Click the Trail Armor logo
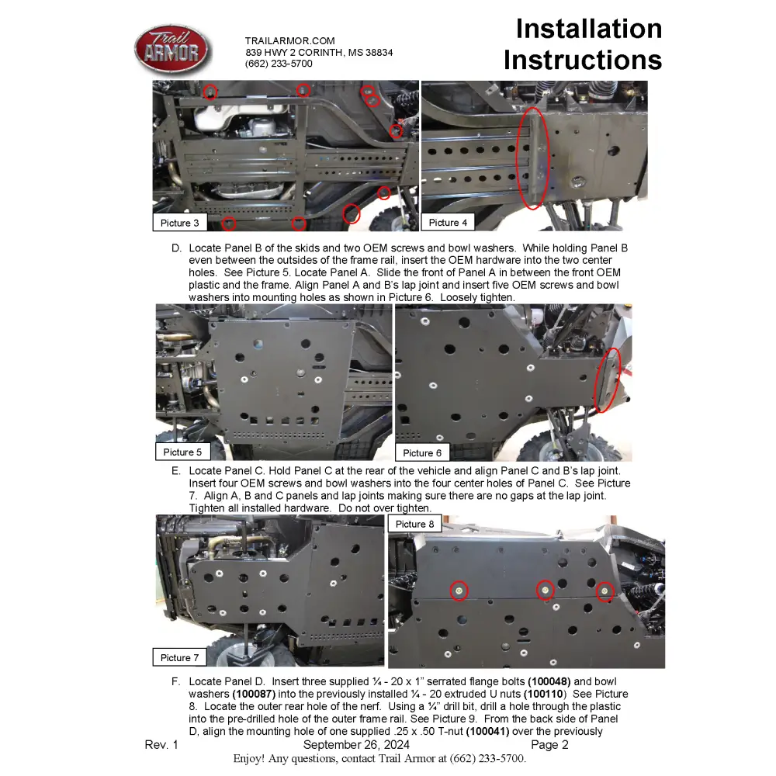tap(172, 51)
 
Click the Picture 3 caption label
tap(179, 223)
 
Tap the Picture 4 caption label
tap(448, 223)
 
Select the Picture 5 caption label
tap(182, 452)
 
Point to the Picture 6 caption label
tap(422, 452)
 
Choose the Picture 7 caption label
tap(179, 657)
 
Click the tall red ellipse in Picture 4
tap(532, 158)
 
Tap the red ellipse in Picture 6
tap(608, 380)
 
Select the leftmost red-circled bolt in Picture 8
tap(459, 591)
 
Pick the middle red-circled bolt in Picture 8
tap(546, 591)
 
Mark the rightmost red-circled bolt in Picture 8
tap(605, 592)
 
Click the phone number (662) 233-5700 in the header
tap(279, 64)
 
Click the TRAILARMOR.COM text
tap(289, 40)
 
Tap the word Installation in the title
tap(588, 29)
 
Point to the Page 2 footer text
tap(549, 745)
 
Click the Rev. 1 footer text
tap(161, 745)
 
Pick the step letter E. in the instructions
tap(176, 470)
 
